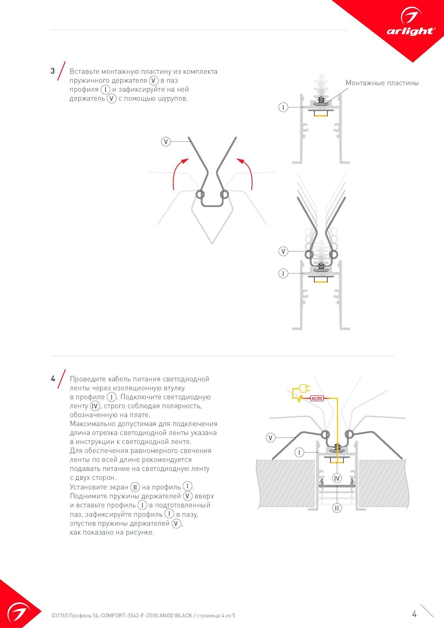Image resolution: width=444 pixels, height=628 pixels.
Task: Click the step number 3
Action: point(53,71)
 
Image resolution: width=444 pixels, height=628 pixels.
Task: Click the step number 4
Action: point(53,378)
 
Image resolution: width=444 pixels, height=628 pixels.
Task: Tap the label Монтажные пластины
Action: point(382,83)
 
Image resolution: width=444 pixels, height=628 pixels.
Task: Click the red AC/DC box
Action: point(317,398)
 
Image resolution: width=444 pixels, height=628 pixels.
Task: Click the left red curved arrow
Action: point(179,172)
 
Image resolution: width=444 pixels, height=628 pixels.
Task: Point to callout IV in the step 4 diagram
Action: point(337,478)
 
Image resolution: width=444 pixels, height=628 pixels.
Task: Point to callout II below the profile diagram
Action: point(337,508)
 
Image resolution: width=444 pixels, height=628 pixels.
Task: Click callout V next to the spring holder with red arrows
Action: point(165,142)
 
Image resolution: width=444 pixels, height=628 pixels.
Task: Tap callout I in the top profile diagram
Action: point(283,107)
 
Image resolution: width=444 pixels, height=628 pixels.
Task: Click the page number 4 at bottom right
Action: point(414,614)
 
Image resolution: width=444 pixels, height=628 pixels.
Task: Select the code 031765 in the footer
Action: point(59,616)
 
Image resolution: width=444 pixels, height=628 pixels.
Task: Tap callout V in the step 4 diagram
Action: point(271,438)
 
